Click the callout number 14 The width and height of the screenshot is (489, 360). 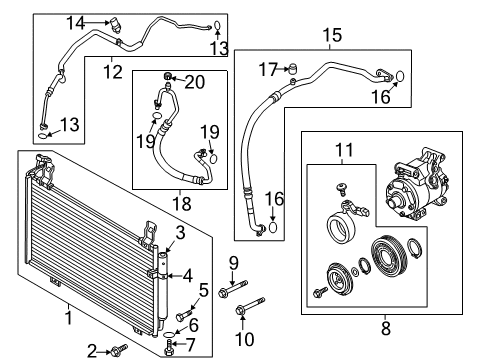[75, 23]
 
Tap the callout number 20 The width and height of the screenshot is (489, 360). [195, 82]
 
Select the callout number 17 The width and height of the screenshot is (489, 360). [268, 70]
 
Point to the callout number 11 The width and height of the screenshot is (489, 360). [344, 150]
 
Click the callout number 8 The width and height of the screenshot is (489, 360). [386, 328]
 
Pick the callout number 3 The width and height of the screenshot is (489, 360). [180, 233]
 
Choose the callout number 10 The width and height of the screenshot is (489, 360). [245, 339]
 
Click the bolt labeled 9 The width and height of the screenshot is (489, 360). [233, 289]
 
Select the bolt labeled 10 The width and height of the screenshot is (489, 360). [250, 306]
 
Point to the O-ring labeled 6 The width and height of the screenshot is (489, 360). [170, 334]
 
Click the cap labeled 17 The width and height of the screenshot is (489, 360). [292, 68]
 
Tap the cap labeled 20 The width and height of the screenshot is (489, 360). [168, 76]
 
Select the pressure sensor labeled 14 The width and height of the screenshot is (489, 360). [115, 25]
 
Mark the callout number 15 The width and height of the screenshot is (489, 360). [332, 35]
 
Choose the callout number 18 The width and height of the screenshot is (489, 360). [182, 204]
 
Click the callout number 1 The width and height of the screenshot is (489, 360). [69, 318]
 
